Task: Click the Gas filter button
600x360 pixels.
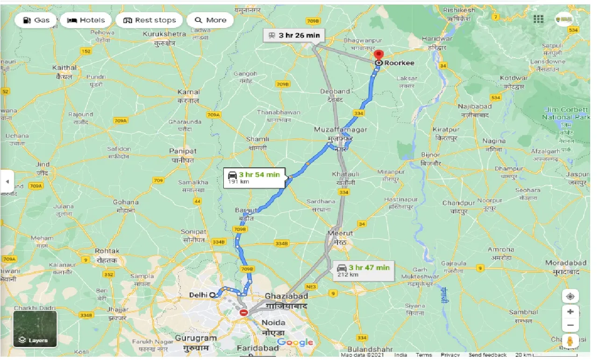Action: pos(36,20)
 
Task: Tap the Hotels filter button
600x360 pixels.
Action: pos(86,20)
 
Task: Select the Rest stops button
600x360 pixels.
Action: pos(149,20)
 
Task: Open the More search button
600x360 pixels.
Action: pos(210,20)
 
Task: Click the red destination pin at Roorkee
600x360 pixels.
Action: pos(379,55)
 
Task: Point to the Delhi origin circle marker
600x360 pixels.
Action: pos(213,295)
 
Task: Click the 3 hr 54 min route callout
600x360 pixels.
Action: pos(253,178)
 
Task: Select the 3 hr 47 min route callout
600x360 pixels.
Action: pos(363,270)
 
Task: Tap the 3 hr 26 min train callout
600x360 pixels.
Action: pos(293,35)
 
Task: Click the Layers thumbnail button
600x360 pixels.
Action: pos(35,329)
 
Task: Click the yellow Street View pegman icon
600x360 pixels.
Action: pos(570,341)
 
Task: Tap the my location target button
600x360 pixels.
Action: pos(570,296)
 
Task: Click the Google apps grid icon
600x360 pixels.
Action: pos(538,19)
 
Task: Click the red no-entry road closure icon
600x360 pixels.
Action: pos(243,313)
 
